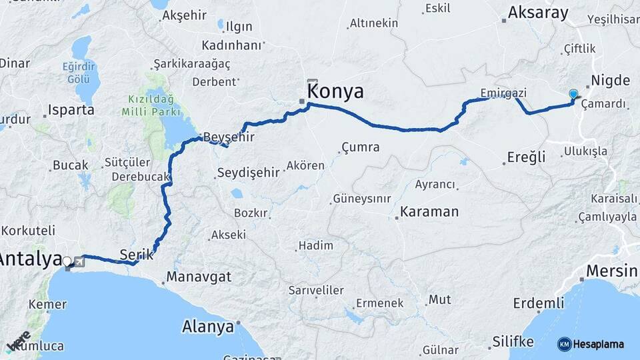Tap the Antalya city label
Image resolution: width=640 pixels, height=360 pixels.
click(31, 259)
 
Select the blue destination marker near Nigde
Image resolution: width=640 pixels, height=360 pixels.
click(573, 95)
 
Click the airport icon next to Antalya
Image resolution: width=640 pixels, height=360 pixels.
click(79, 261)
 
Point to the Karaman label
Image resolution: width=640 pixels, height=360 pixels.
click(429, 212)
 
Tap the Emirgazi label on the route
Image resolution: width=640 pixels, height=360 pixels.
click(503, 93)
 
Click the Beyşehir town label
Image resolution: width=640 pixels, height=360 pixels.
click(229, 137)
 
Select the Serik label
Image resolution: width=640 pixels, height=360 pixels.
click(136, 254)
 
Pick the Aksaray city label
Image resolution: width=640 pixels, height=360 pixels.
click(538, 13)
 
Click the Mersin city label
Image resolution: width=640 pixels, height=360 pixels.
click(612, 271)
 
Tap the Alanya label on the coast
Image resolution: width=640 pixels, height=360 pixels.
click(208, 327)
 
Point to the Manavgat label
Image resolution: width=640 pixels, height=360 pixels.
click(199, 275)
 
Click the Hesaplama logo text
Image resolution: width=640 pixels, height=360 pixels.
click(599, 344)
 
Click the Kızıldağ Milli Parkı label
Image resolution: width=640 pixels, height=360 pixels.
click(150, 105)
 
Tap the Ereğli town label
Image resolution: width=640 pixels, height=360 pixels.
click(526, 157)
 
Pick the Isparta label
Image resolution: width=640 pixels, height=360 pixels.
click(71, 110)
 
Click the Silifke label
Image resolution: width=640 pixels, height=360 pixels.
click(513, 341)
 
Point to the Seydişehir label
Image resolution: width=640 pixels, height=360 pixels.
click(248, 173)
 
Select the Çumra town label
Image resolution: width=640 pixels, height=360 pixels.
click(360, 147)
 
